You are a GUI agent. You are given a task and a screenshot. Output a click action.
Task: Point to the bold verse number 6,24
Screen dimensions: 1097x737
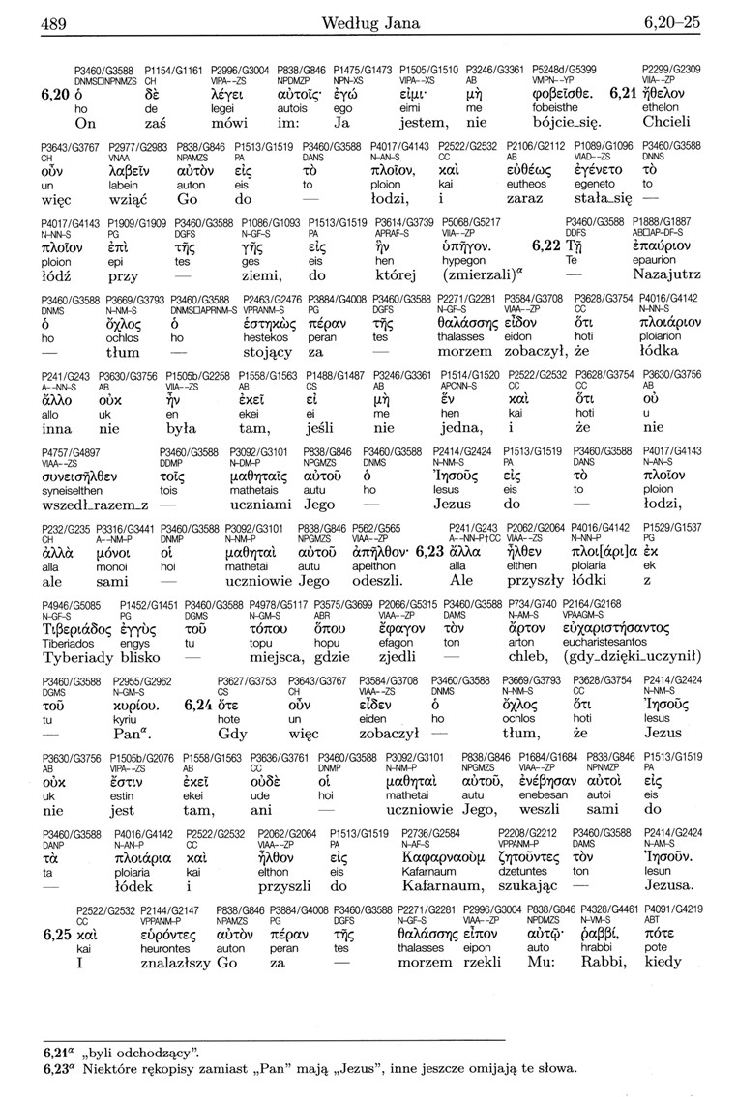(x=199, y=705)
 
